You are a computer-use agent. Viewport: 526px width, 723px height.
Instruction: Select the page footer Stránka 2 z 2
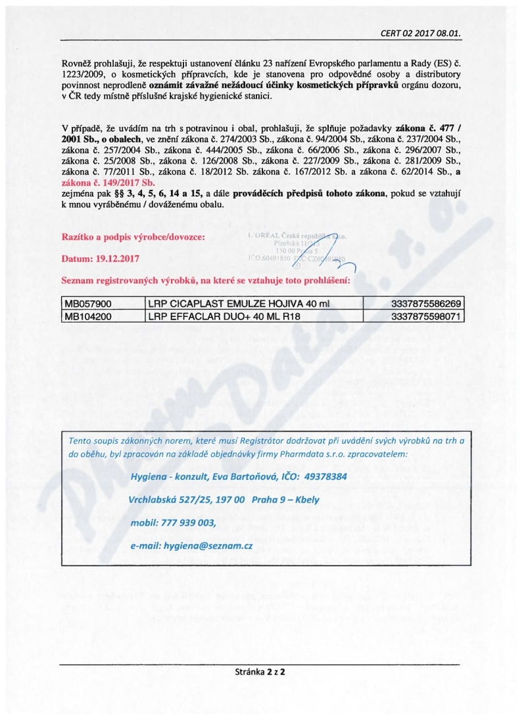point(263,672)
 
